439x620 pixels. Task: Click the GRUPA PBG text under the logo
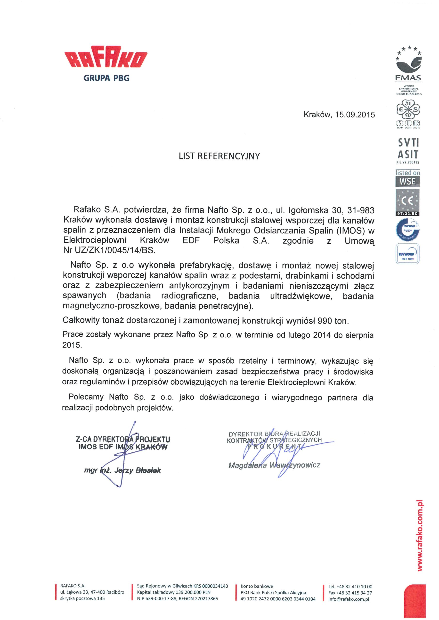(106, 78)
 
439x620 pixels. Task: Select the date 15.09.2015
(355, 115)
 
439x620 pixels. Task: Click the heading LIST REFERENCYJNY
(219, 156)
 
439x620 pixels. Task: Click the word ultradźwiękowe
(301, 296)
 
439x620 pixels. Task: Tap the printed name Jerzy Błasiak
(138, 470)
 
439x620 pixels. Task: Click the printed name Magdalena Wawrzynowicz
(274, 465)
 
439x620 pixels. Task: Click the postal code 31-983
(359, 210)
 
